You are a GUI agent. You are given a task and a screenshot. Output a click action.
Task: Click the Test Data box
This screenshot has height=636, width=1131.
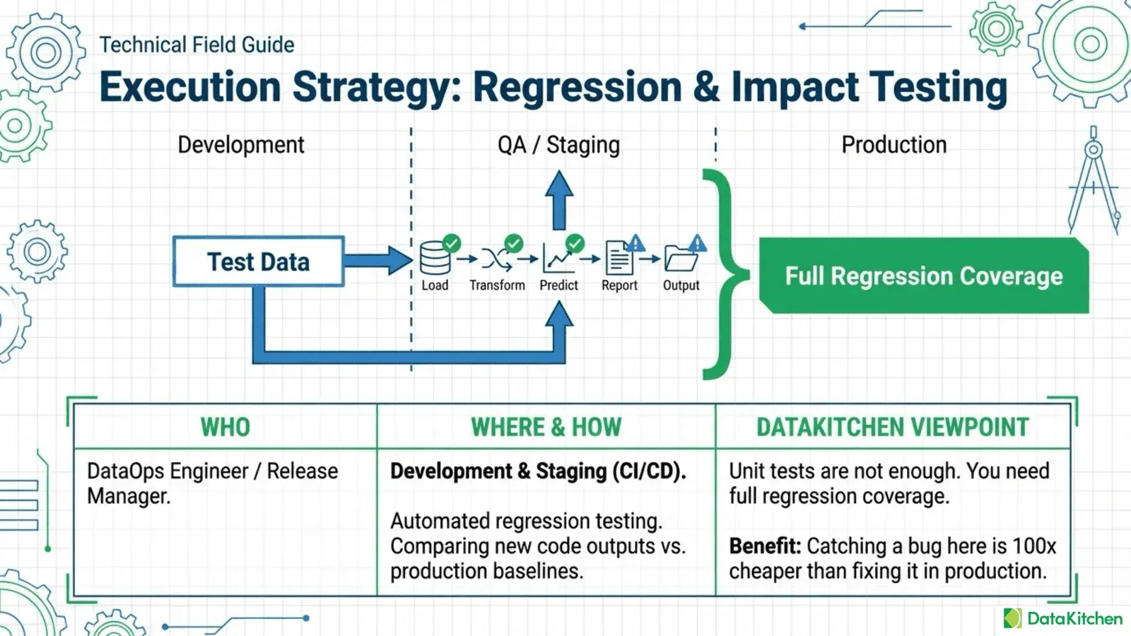(259, 261)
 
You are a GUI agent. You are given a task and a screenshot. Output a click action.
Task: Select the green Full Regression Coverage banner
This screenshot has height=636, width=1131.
(923, 276)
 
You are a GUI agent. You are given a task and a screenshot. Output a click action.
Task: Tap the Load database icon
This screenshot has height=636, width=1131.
(434, 259)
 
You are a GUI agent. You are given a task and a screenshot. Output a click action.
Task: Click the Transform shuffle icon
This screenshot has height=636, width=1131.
(496, 260)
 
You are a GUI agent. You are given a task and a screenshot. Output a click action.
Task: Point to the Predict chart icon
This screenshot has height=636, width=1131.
(558, 260)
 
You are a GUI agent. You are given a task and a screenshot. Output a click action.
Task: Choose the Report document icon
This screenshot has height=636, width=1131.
(619, 259)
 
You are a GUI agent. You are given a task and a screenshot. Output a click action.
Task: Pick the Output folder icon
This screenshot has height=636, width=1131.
(681, 260)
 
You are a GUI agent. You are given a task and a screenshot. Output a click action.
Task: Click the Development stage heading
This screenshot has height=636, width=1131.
(241, 145)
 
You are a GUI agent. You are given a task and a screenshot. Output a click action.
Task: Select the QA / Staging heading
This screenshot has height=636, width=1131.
(558, 145)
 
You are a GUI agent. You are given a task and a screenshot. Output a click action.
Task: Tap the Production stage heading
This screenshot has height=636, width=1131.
(893, 145)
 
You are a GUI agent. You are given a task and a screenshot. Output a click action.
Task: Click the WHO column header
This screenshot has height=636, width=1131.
(225, 427)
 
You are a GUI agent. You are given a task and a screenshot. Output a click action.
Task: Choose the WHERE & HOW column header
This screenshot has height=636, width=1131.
(546, 427)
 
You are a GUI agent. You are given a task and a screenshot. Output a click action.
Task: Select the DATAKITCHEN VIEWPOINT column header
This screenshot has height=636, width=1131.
(893, 427)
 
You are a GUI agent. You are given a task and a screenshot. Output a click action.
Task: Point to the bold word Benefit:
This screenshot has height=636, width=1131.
(765, 546)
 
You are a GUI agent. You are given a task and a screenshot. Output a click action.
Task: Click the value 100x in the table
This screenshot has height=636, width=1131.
(1034, 546)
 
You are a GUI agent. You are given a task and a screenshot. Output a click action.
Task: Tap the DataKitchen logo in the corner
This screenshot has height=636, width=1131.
(1062, 618)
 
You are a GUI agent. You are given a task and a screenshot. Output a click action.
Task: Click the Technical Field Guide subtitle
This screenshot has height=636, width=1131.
(197, 45)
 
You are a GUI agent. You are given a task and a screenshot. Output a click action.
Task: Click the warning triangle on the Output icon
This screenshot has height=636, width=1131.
(698, 244)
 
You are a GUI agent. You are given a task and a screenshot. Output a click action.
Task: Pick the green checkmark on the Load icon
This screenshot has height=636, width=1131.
(451, 244)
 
